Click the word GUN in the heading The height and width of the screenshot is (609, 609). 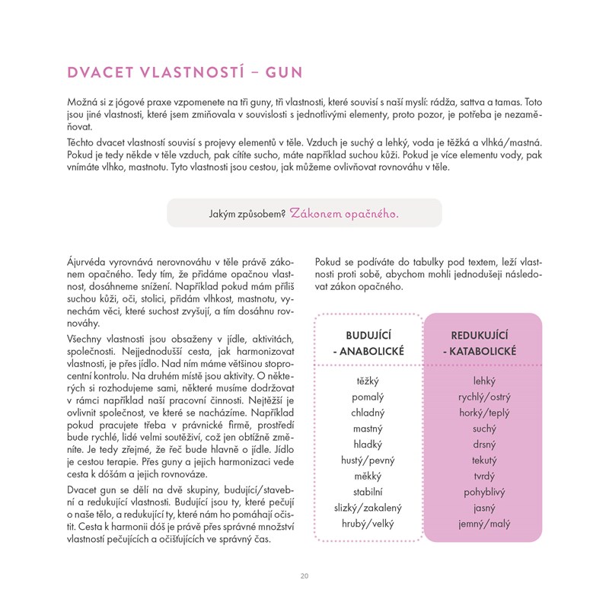(282, 73)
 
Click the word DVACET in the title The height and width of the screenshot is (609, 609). (99, 73)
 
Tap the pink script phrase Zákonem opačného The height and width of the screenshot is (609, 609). (344, 214)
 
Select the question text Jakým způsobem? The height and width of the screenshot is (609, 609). (247, 215)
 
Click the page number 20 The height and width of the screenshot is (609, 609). (304, 576)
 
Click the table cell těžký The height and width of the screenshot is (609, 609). (368, 381)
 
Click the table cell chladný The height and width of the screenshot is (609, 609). (368, 413)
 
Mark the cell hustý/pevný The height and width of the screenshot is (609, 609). (368, 461)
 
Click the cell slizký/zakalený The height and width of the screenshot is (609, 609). (368, 508)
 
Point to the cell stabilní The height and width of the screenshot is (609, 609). (368, 492)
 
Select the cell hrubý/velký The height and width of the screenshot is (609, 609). (368, 524)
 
